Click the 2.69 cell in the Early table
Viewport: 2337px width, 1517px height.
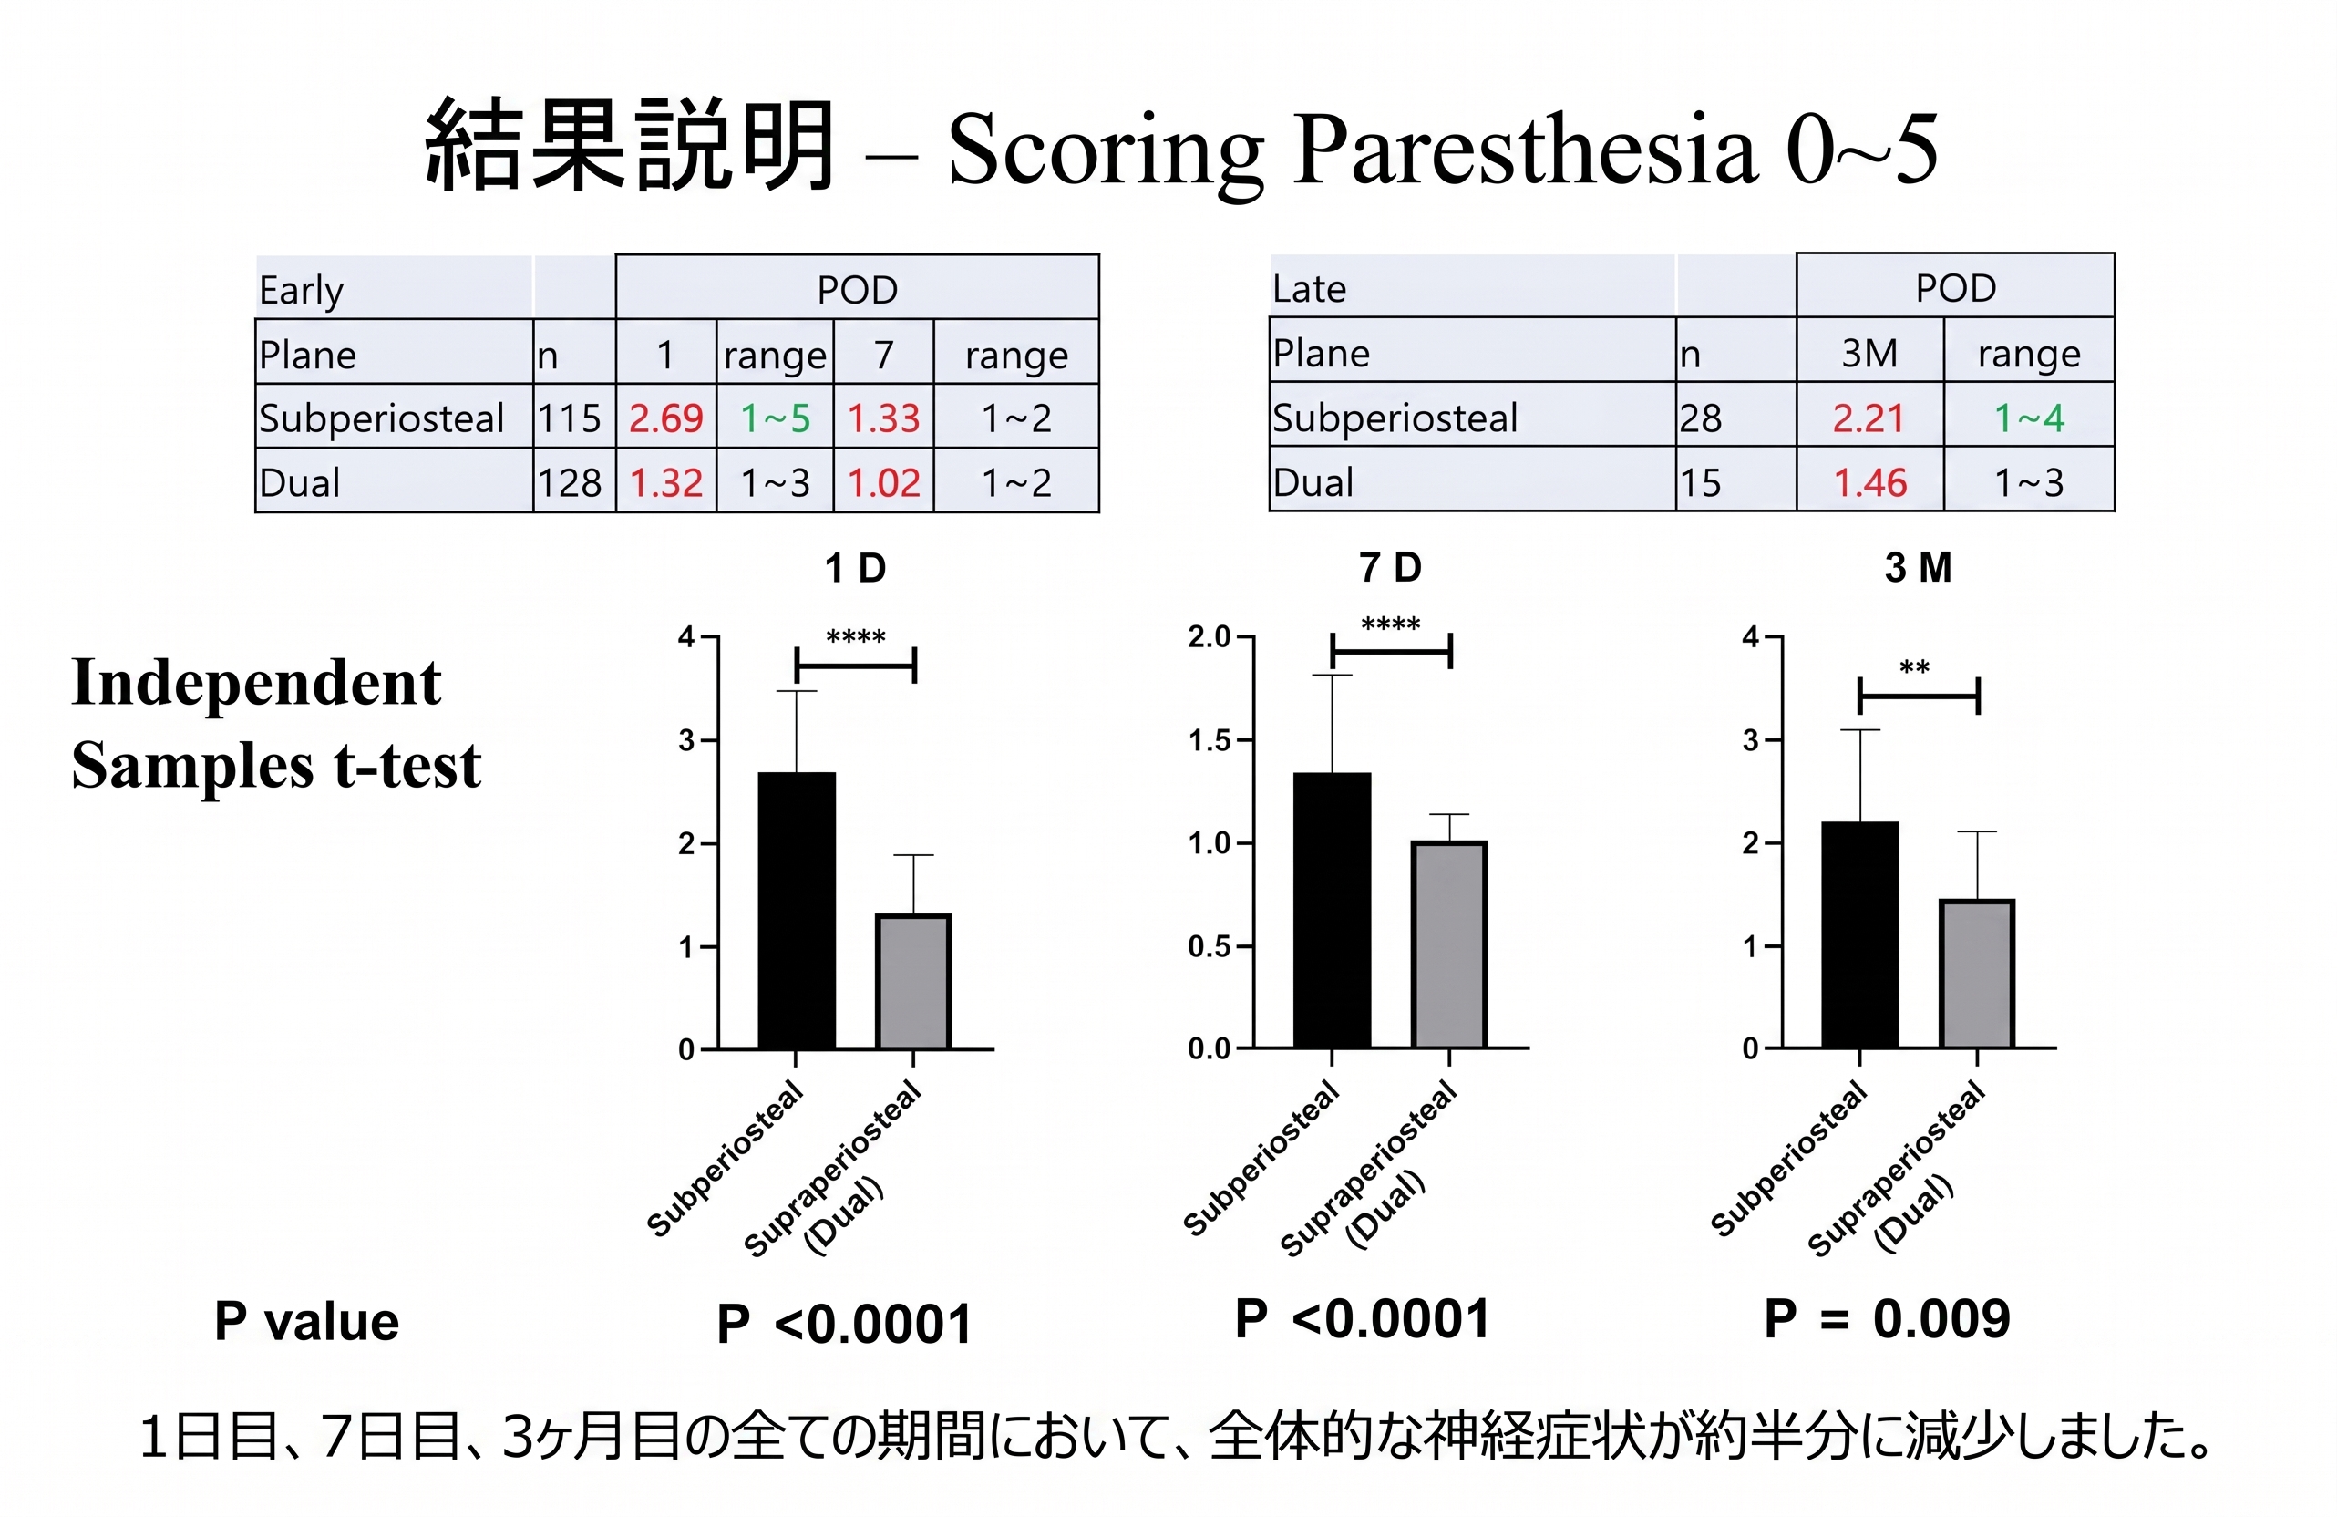pyautogui.click(x=665, y=418)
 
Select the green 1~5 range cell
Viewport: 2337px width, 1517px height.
pyautogui.click(x=775, y=418)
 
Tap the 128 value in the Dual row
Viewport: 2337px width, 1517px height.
pyautogui.click(x=570, y=483)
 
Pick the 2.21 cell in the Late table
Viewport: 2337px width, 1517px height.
pyautogui.click(x=1869, y=418)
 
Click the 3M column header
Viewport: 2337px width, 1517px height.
pyautogui.click(x=1869, y=353)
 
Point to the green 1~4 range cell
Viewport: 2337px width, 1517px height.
pyautogui.click(x=2029, y=418)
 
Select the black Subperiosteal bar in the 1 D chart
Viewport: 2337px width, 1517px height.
pyautogui.click(x=797, y=910)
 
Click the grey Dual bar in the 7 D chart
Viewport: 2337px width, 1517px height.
pyautogui.click(x=1449, y=944)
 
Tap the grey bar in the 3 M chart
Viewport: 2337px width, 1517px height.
pyautogui.click(x=1977, y=973)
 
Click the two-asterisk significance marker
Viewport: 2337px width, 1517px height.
pyautogui.click(x=1915, y=668)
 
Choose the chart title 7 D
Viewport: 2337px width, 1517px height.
pyautogui.click(x=1390, y=568)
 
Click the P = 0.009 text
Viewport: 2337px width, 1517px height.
pyautogui.click(x=1888, y=1318)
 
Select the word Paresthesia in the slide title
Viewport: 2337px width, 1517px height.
pyautogui.click(x=1523, y=150)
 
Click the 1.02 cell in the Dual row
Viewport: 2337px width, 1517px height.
pyautogui.click(x=884, y=483)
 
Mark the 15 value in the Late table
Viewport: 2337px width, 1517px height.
pyautogui.click(x=1701, y=483)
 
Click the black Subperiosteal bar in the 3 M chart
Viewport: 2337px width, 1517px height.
pyautogui.click(x=1859, y=934)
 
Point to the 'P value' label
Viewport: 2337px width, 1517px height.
pyautogui.click(x=306, y=1322)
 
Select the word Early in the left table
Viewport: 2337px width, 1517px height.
pyautogui.click(x=302, y=291)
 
